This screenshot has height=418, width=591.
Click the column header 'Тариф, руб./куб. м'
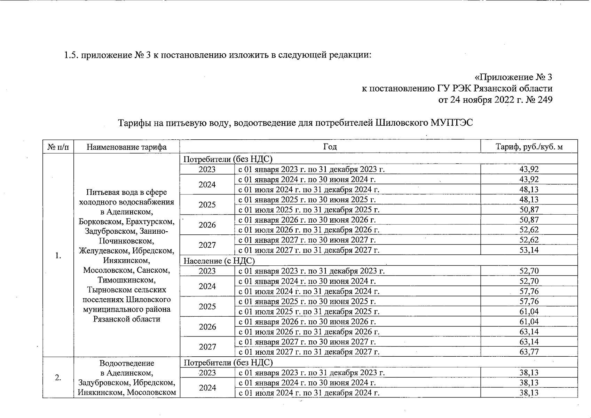click(529, 147)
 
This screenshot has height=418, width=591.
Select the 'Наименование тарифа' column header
click(126, 147)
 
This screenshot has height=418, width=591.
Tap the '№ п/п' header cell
click(58, 147)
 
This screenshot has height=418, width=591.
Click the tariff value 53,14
click(529, 250)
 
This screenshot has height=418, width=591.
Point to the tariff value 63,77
click(529, 352)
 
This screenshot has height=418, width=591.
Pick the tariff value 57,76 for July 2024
click(529, 291)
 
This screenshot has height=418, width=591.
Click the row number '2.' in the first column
click(58, 377)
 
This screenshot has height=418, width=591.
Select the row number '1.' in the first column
click(58, 256)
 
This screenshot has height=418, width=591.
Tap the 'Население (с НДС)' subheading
click(219, 261)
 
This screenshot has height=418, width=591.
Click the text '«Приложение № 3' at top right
click(513, 77)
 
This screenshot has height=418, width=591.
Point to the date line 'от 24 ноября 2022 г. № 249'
click(495, 100)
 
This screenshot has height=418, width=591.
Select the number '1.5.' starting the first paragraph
click(71, 55)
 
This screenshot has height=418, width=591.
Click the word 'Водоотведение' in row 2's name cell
click(127, 363)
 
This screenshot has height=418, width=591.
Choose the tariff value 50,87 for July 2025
click(529, 210)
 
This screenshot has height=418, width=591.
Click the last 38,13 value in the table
click(529, 393)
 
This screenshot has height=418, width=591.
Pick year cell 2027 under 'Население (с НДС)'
click(207, 347)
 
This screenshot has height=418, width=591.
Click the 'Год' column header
click(330, 147)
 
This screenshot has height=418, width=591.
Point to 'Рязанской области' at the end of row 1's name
click(127, 319)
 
